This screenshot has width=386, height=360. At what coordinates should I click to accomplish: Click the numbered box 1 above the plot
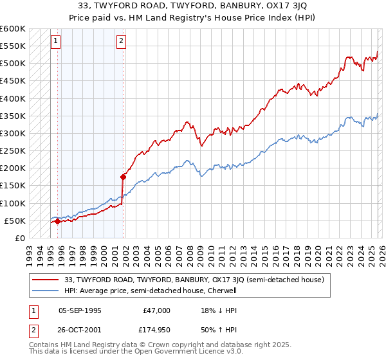[x=56, y=42]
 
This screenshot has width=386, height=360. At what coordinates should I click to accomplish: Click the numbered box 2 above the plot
[x=122, y=42]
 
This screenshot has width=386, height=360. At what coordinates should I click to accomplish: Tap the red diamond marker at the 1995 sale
[x=57, y=222]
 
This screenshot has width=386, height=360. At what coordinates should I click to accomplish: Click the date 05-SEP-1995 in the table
[x=80, y=310]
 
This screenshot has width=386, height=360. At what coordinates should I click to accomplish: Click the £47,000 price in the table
[x=156, y=310]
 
